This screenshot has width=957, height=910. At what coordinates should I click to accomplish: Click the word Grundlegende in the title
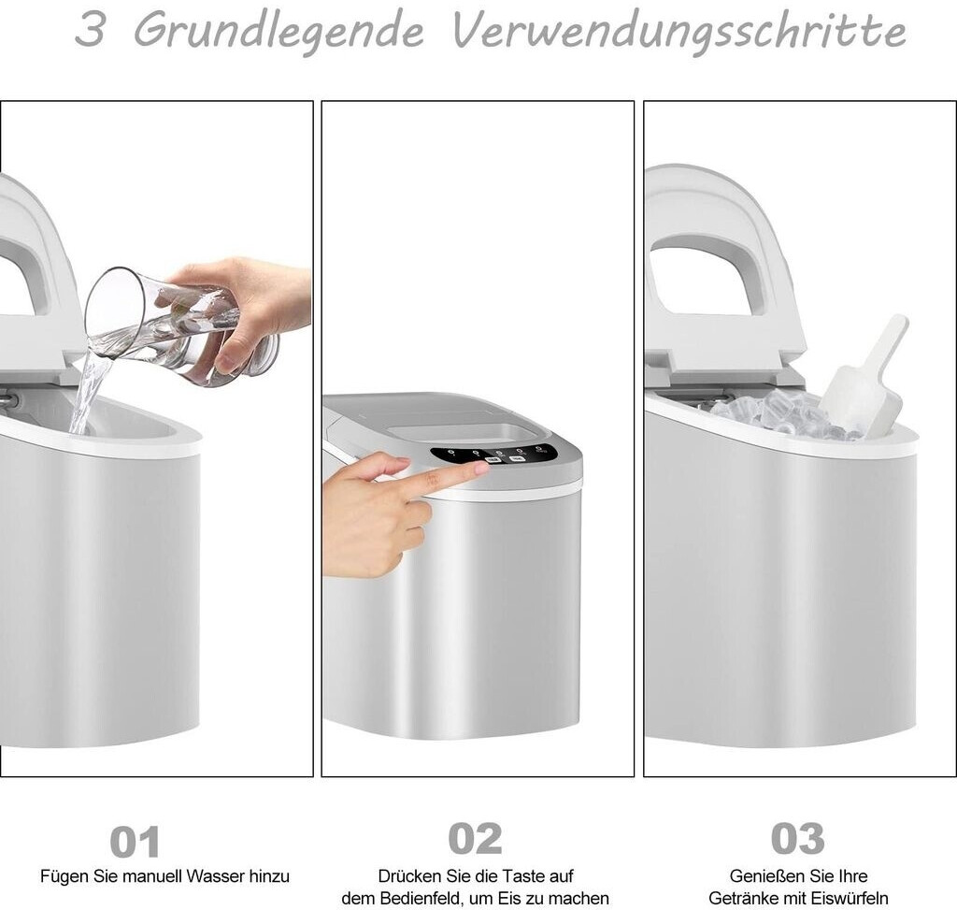click(x=279, y=32)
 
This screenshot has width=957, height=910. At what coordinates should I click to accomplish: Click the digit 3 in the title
click(x=90, y=29)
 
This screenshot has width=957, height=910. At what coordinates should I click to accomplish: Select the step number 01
click(x=135, y=842)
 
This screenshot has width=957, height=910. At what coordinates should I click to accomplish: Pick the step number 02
click(x=475, y=839)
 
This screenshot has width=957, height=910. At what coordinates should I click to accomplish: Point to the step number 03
click(x=798, y=838)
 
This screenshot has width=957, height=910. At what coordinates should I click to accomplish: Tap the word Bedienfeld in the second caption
click(x=421, y=899)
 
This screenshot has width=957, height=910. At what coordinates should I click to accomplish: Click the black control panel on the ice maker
click(x=493, y=455)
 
